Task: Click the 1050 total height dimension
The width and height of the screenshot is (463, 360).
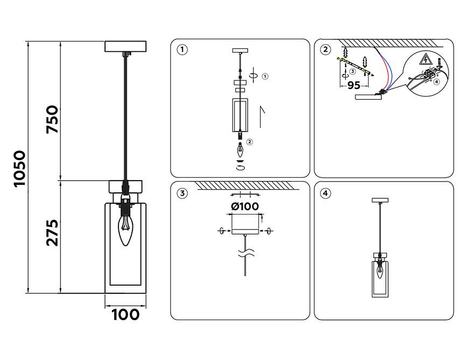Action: coord(20,169)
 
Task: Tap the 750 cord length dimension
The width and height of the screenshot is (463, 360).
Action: coord(52,120)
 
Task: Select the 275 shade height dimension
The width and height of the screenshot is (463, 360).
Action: coord(52,233)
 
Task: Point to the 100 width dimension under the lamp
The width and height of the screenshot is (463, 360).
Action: coord(125,315)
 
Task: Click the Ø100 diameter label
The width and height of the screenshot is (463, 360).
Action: coord(245,206)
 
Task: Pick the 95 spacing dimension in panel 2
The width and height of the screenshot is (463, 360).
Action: coord(354,85)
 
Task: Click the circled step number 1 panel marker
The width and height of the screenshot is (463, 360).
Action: coord(182,50)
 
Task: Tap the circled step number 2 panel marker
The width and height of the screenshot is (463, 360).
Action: coord(326,50)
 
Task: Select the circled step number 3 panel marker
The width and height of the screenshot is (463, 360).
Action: coord(182,193)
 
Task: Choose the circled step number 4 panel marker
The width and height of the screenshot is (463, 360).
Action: coord(326,193)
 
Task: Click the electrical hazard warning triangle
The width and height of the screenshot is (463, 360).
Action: coord(425,59)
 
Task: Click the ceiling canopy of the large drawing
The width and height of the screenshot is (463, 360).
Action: coord(125,46)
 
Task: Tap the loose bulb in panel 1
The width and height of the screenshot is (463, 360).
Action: coord(240,150)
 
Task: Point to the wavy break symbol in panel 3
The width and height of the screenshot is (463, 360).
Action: coord(246,253)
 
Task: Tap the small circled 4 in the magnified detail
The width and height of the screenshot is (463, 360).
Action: coord(437,81)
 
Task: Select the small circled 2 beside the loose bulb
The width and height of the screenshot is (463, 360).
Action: coord(249,142)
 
